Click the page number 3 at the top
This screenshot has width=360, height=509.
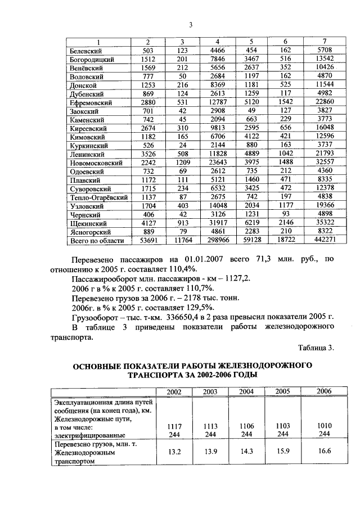[x=191, y=24]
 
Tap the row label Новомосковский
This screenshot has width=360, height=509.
[x=95, y=163]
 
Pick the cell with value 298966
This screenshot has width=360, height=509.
[x=218, y=240]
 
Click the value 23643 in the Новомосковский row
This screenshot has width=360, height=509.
[x=218, y=163]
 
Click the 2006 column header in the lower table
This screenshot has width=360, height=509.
[x=324, y=391]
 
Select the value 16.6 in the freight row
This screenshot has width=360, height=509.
[x=324, y=452]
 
